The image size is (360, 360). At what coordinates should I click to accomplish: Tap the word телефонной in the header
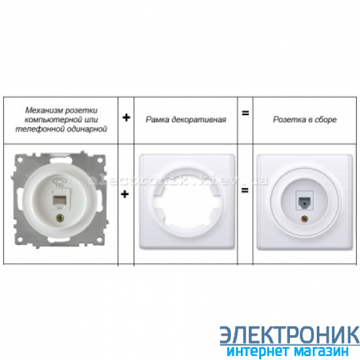point(39,129)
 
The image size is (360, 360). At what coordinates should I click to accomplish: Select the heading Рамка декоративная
point(186,120)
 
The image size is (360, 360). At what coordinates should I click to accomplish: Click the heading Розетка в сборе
point(305,120)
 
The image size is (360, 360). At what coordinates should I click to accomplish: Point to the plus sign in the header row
point(126,118)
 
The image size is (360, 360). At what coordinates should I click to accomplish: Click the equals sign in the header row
point(245,113)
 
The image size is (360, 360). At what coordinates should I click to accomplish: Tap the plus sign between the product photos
point(124,194)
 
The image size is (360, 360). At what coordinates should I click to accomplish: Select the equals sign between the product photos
point(245,190)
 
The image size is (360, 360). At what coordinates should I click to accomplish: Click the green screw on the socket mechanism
point(60,217)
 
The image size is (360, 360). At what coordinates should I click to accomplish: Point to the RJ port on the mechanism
point(58,201)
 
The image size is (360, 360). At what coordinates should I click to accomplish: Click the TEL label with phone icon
point(60,182)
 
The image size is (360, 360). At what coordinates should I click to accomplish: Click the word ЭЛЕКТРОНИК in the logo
point(290,335)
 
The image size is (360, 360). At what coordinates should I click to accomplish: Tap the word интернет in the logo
point(258,351)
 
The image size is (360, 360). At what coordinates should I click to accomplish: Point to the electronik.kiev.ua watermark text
point(178,181)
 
